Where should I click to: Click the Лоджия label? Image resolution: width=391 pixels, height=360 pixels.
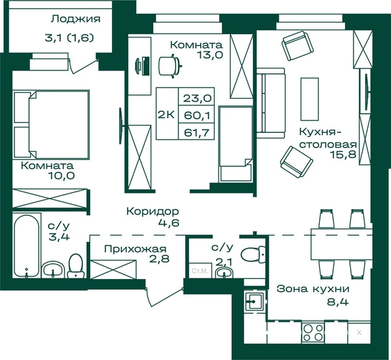pyautogui.click(x=76, y=19)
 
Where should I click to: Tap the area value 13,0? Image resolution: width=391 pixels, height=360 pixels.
pyautogui.click(x=209, y=55)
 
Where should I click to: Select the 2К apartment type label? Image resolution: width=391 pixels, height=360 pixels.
pyautogui.click(x=166, y=115)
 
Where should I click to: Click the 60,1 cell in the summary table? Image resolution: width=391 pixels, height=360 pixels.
pyautogui.click(x=197, y=115)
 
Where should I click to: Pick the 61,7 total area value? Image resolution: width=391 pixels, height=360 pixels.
pyautogui.click(x=197, y=132)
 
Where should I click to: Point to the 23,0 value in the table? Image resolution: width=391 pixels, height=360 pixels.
pyautogui.click(x=197, y=98)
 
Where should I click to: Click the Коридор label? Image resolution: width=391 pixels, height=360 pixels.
pyautogui.click(x=153, y=211)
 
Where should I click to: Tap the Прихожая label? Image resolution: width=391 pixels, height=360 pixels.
pyautogui.click(x=136, y=249)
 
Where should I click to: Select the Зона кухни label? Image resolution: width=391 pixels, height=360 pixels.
pyautogui.click(x=313, y=289)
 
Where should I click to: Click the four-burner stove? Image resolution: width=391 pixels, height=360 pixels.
pyautogui.click(x=313, y=333)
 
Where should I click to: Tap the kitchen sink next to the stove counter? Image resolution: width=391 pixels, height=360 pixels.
pyautogui.click(x=254, y=301)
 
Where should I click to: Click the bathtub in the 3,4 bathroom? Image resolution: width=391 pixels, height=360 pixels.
pyautogui.click(x=26, y=246)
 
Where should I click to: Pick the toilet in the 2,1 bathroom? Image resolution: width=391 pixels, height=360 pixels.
pyautogui.click(x=253, y=254)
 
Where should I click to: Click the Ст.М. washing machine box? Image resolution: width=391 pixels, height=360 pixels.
pyautogui.click(x=200, y=270)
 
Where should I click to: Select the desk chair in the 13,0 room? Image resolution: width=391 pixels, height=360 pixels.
pyautogui.click(x=170, y=66)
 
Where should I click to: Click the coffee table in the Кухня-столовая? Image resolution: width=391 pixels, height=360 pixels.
pyautogui.click(x=309, y=99)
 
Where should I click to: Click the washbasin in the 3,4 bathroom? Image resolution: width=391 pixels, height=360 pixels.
pyautogui.click(x=53, y=269)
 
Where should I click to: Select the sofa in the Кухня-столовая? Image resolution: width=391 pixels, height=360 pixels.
pyautogui.click(x=271, y=103)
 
